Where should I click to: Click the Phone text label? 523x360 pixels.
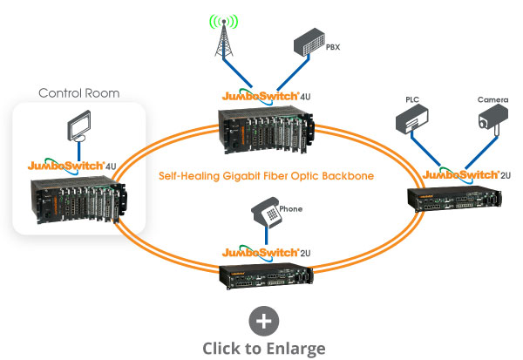(x=291, y=208)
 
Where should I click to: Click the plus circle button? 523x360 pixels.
(x=263, y=321)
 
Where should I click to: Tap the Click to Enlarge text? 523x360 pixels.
(x=263, y=348)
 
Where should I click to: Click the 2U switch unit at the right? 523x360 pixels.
(x=448, y=197)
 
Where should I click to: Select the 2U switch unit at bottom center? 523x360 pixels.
(x=265, y=277)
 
